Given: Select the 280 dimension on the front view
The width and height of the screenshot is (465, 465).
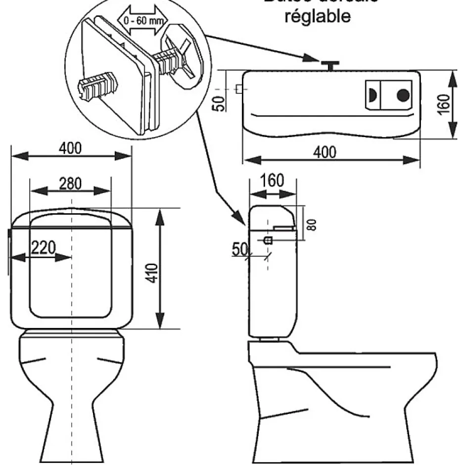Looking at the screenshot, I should (x=71, y=183).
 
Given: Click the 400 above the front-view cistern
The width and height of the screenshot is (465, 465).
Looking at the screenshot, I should (x=71, y=148).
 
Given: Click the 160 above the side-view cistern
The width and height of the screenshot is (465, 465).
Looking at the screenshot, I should (x=273, y=181).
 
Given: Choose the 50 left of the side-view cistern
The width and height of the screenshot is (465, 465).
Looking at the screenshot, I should (x=239, y=249).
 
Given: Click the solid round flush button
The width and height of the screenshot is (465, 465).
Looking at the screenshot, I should (x=404, y=94).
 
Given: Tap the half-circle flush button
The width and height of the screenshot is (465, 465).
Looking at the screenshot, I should (x=372, y=94).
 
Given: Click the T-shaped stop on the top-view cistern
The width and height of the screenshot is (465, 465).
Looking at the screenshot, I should (x=328, y=64).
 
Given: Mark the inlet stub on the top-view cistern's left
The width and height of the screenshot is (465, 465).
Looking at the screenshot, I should (x=239, y=90).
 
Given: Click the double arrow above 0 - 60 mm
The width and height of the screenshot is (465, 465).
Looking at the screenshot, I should (x=142, y=12).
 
